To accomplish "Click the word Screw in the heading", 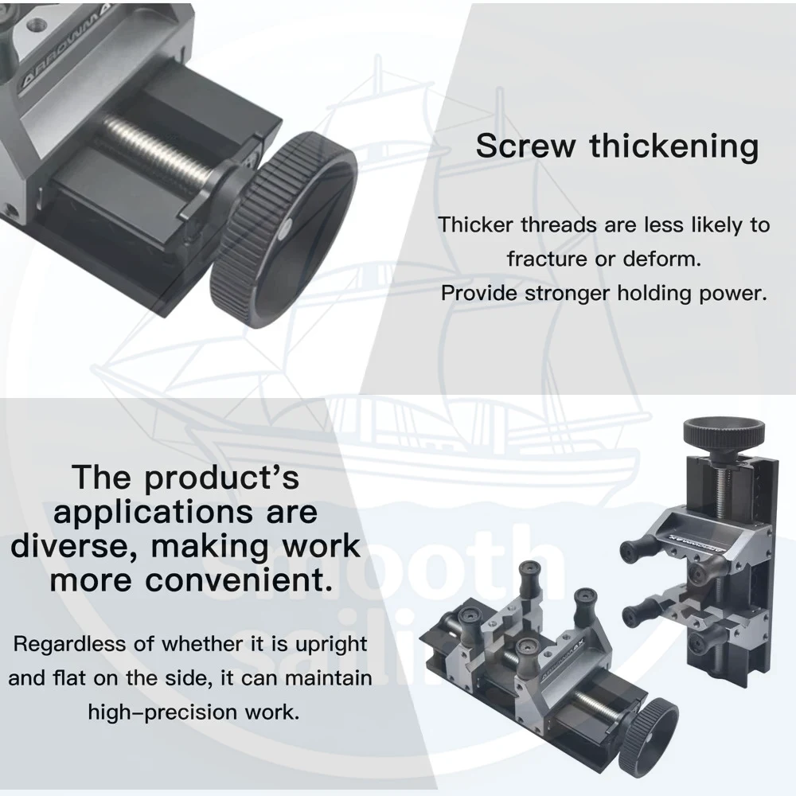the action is tap(525, 146).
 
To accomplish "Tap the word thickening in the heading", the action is tap(674, 147).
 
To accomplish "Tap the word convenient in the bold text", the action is tap(239, 579).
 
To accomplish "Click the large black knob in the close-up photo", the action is tap(284, 229).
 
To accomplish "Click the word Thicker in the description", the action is tap(475, 225).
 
